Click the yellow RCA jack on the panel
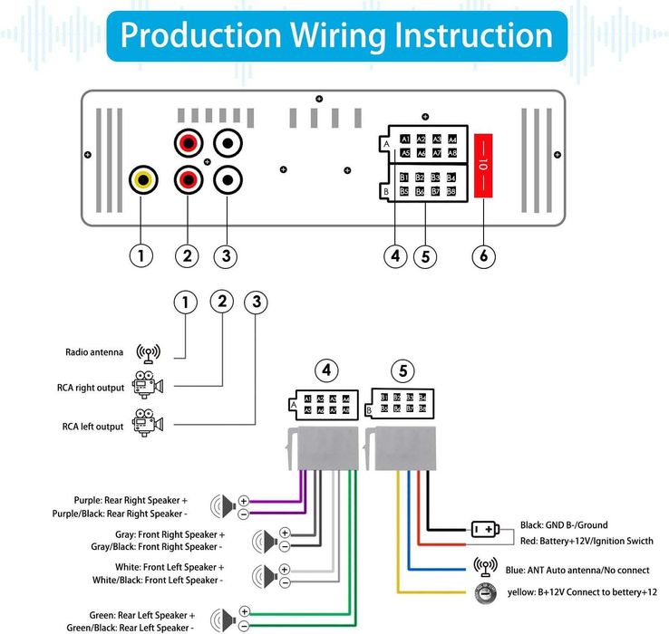pyautogui.click(x=141, y=179)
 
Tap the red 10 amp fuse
pyautogui.click(x=484, y=165)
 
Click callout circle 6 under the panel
pyautogui.click(x=484, y=256)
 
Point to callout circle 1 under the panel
pyautogui.click(x=141, y=256)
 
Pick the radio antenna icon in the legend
pyautogui.click(x=148, y=353)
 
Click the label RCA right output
pyautogui.click(x=91, y=388)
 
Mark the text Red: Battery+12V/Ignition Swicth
pyautogui.click(x=587, y=541)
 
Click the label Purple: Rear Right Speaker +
pyautogui.click(x=131, y=500)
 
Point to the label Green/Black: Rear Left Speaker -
pyautogui.click(x=131, y=627)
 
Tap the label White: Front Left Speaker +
pyautogui.click(x=158, y=567)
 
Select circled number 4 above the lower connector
pyautogui.click(x=326, y=370)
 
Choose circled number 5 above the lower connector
pyautogui.click(x=403, y=370)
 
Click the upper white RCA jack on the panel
pyautogui.click(x=227, y=142)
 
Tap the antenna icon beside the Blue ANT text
pyautogui.click(x=486, y=568)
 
